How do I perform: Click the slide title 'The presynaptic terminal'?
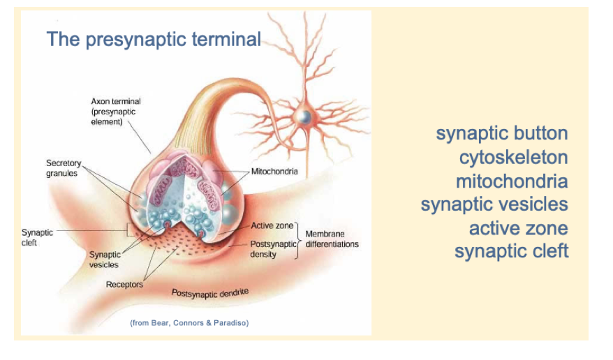154,39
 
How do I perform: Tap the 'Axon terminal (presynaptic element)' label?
116,112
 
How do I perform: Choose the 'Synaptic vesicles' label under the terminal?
104,260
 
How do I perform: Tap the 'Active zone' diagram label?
272,226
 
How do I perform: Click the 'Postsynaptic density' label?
273,249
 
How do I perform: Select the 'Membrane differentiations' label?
332,239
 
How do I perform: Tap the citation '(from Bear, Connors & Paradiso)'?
189,322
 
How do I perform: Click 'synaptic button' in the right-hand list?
501,133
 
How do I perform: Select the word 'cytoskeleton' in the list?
513,158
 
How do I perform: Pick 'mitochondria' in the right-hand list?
511,181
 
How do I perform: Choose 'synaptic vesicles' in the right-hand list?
494,204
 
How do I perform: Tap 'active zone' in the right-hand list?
518,228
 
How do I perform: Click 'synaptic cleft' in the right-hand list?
511,251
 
